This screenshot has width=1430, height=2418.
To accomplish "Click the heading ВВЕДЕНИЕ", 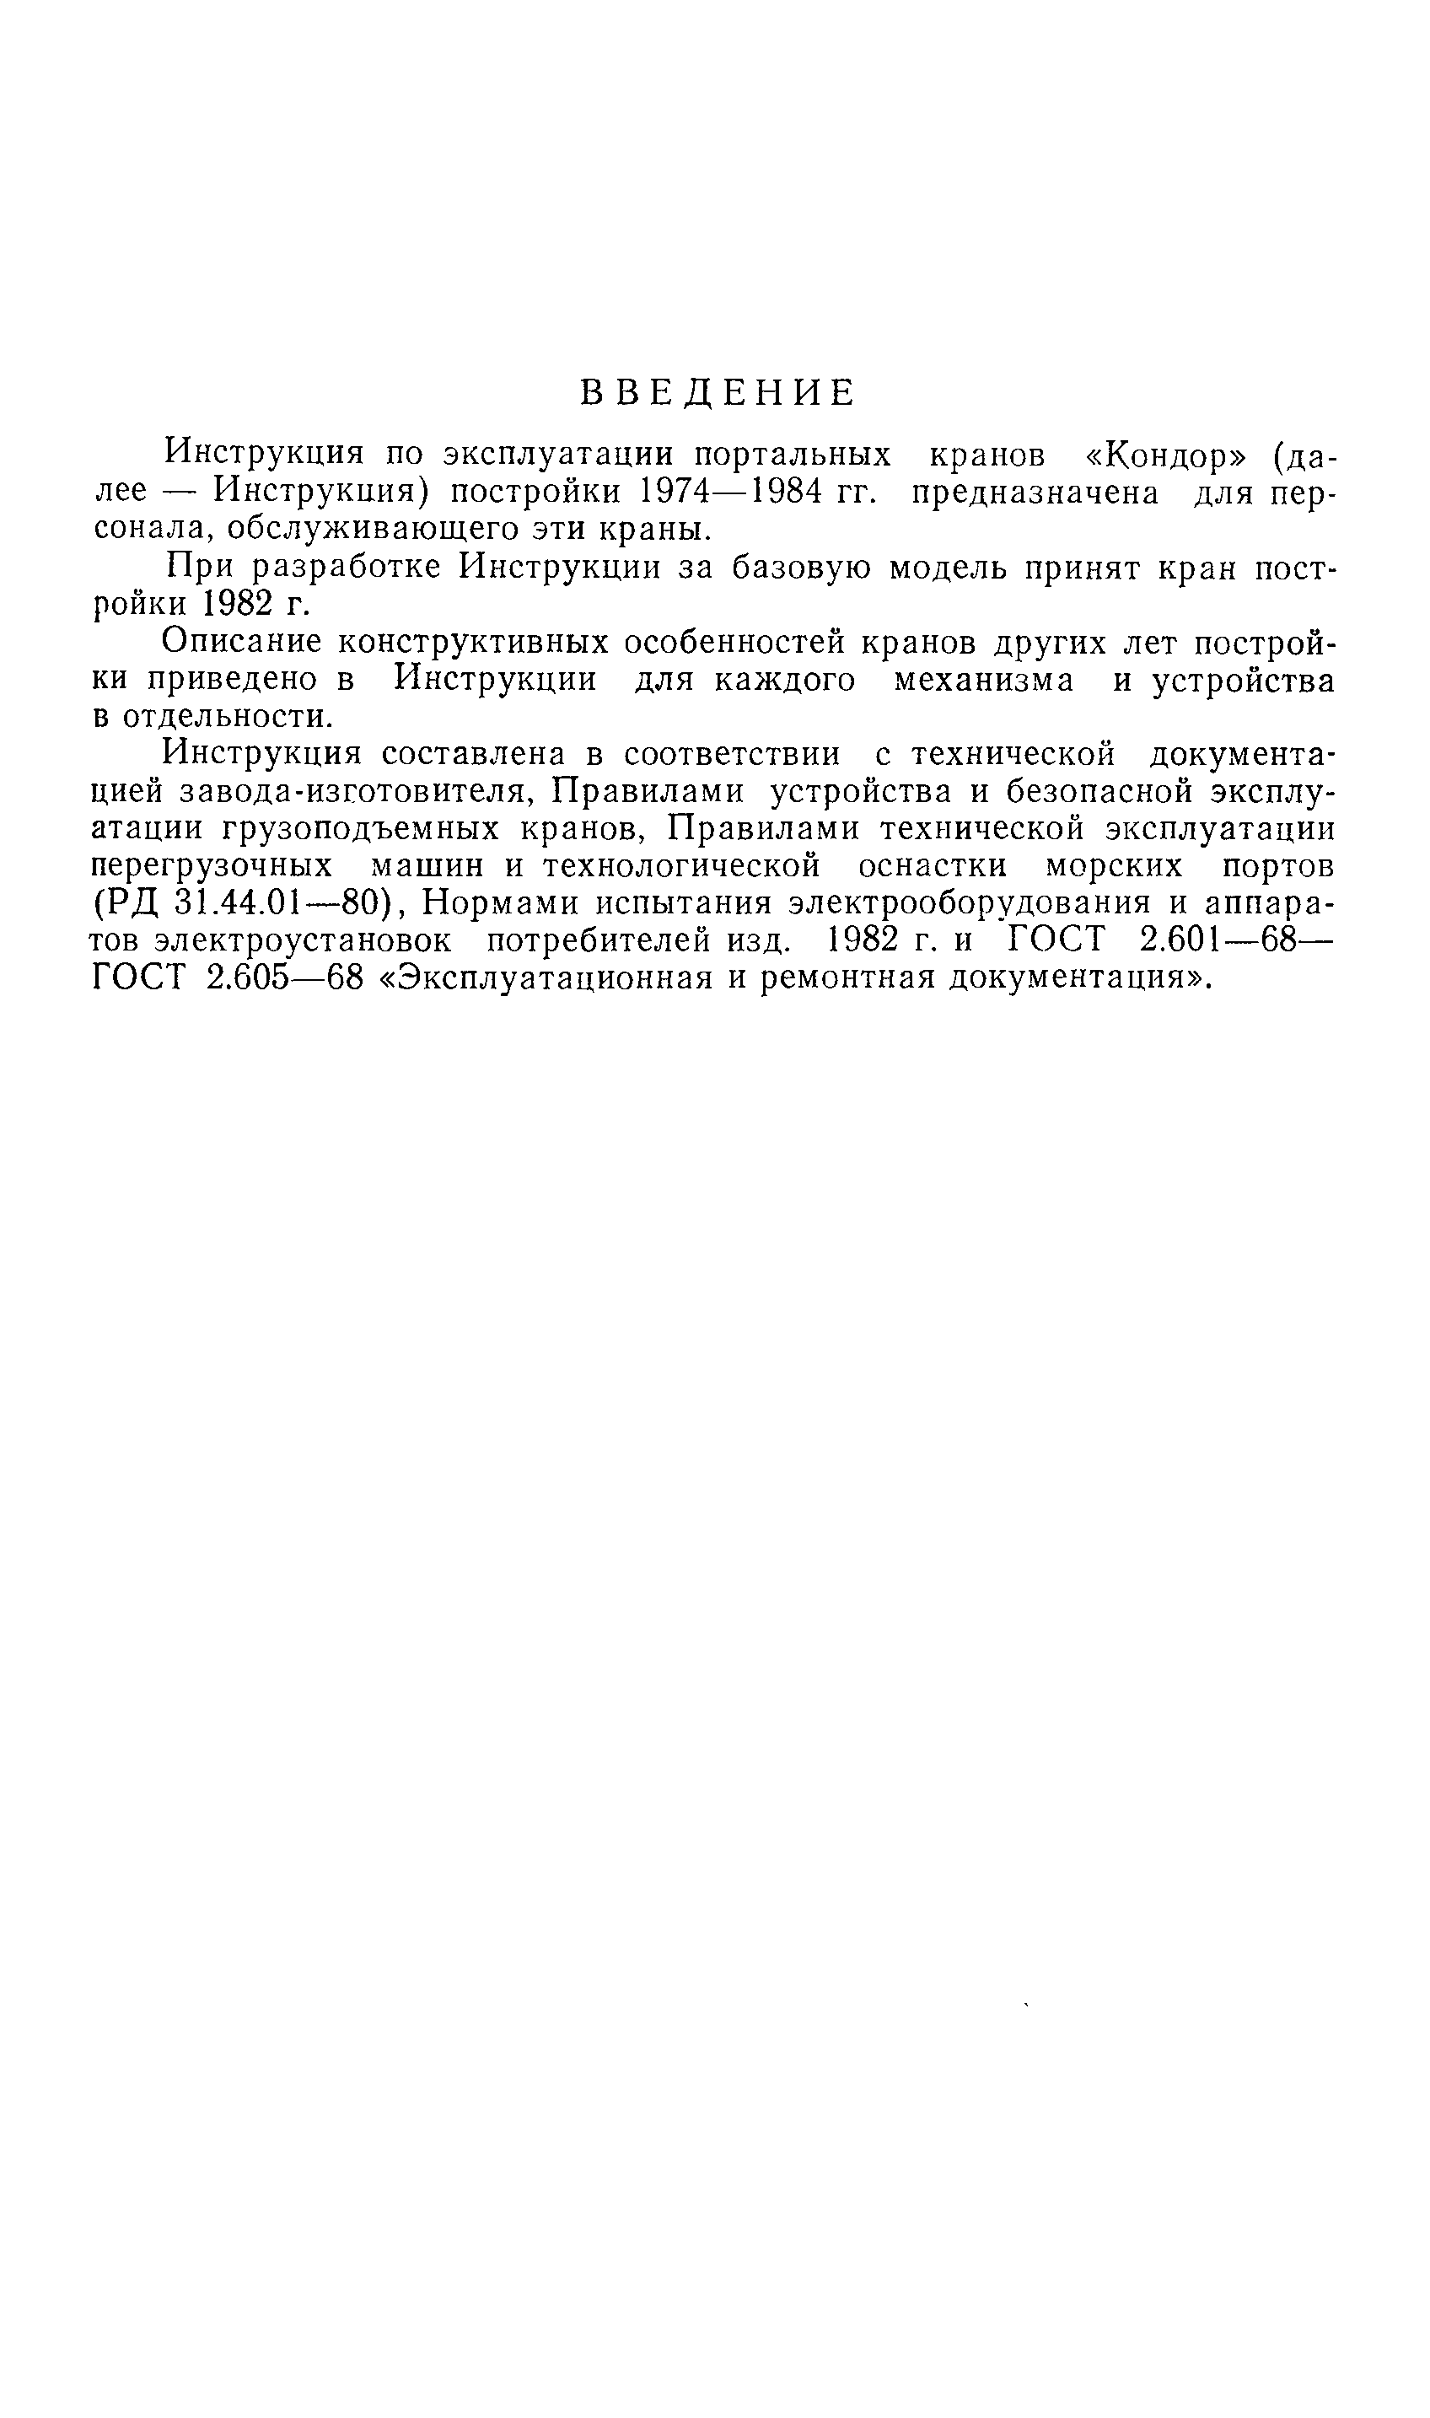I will click(718, 393).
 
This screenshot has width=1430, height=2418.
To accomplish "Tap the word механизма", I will click(983, 681).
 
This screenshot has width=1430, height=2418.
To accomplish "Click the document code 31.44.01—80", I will click(279, 904).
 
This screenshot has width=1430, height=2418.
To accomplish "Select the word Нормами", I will click(501, 904).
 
